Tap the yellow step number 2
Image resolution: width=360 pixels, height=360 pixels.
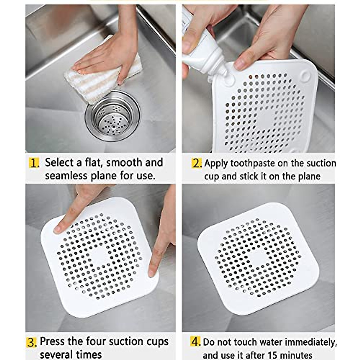[x=197, y=163]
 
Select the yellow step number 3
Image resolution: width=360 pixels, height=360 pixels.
[x=31, y=342]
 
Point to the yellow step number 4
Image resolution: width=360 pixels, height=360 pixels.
[x=195, y=342]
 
